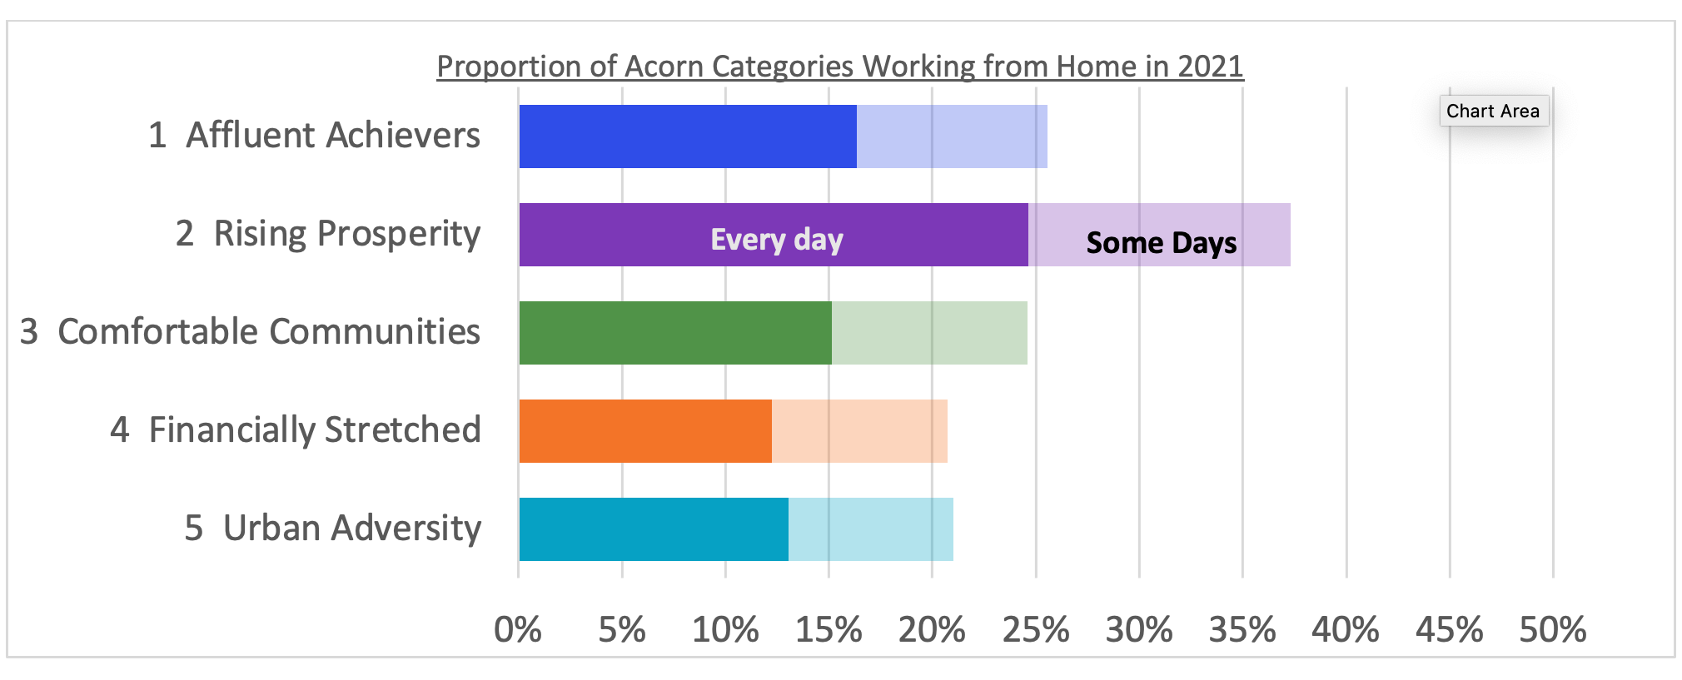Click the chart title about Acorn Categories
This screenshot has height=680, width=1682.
[840, 66]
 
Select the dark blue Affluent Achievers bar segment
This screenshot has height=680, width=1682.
[688, 136]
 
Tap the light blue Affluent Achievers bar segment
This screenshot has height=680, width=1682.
[952, 136]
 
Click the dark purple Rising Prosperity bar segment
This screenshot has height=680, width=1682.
[774, 235]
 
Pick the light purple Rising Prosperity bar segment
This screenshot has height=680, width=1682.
[1159, 235]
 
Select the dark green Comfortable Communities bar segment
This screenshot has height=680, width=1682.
[675, 333]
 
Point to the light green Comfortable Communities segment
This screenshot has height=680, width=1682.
[929, 333]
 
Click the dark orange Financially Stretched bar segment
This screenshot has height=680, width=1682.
[645, 431]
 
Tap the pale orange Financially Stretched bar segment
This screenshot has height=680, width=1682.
[859, 431]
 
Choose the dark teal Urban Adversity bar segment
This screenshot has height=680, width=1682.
[654, 529]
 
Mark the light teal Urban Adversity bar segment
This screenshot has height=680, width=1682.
[871, 529]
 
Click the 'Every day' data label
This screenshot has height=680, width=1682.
[777, 240]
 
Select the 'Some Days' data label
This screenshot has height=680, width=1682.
[1162, 243]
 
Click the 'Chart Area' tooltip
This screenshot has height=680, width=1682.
[1494, 111]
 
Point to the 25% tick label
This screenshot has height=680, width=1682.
[1036, 630]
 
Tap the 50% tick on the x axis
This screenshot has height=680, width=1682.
[1553, 630]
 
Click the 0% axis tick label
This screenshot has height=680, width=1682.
[518, 630]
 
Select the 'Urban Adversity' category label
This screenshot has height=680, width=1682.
[352, 528]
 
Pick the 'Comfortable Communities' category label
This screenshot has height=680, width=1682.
[269, 331]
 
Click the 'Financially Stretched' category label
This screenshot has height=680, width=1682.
[315, 429]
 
